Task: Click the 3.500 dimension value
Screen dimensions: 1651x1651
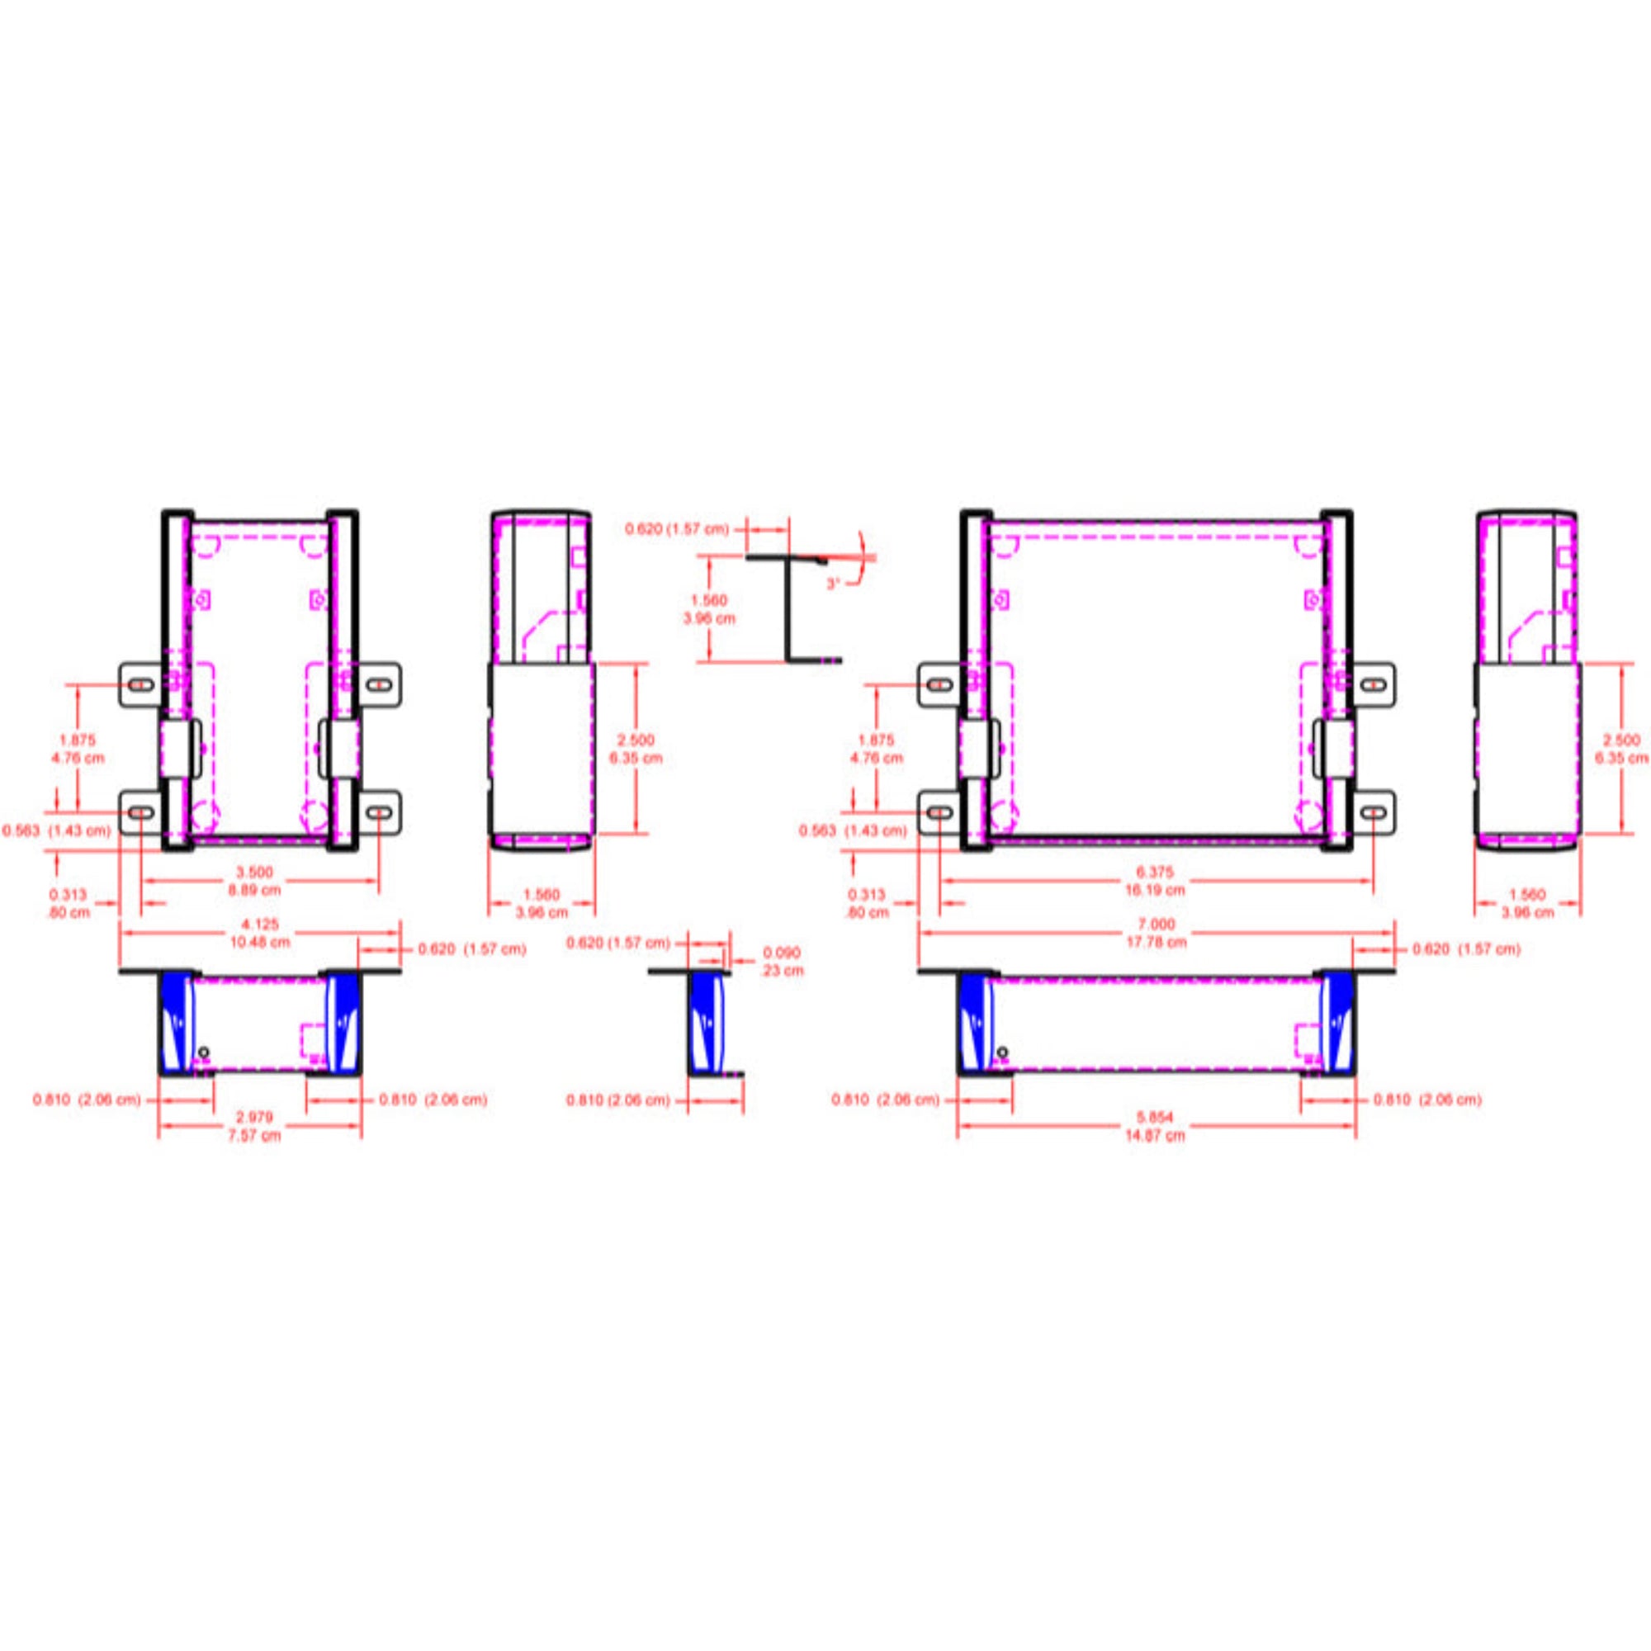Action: click(x=254, y=872)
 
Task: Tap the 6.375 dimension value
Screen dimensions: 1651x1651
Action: click(x=1156, y=872)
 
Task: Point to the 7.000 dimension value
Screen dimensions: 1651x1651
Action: click(x=1156, y=925)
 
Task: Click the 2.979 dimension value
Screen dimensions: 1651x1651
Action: click(x=254, y=1117)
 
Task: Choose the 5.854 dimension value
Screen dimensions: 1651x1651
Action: click(x=1156, y=1117)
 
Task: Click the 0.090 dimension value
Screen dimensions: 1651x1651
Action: click(x=781, y=952)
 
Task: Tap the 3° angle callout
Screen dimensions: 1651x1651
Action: click(x=834, y=584)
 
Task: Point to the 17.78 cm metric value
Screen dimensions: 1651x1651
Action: click(x=1156, y=942)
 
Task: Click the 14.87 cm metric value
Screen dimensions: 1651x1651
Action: click(x=1156, y=1136)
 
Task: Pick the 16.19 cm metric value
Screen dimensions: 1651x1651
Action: click(x=1156, y=890)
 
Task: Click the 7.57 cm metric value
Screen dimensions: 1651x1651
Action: click(x=254, y=1136)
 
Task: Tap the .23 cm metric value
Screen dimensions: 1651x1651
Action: click(x=781, y=970)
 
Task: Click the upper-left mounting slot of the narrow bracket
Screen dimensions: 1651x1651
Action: click(x=142, y=684)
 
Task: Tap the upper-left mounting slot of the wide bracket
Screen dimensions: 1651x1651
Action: click(x=940, y=684)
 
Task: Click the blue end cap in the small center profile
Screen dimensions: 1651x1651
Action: click(x=707, y=1023)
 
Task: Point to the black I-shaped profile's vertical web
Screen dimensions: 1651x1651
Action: click(x=787, y=608)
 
